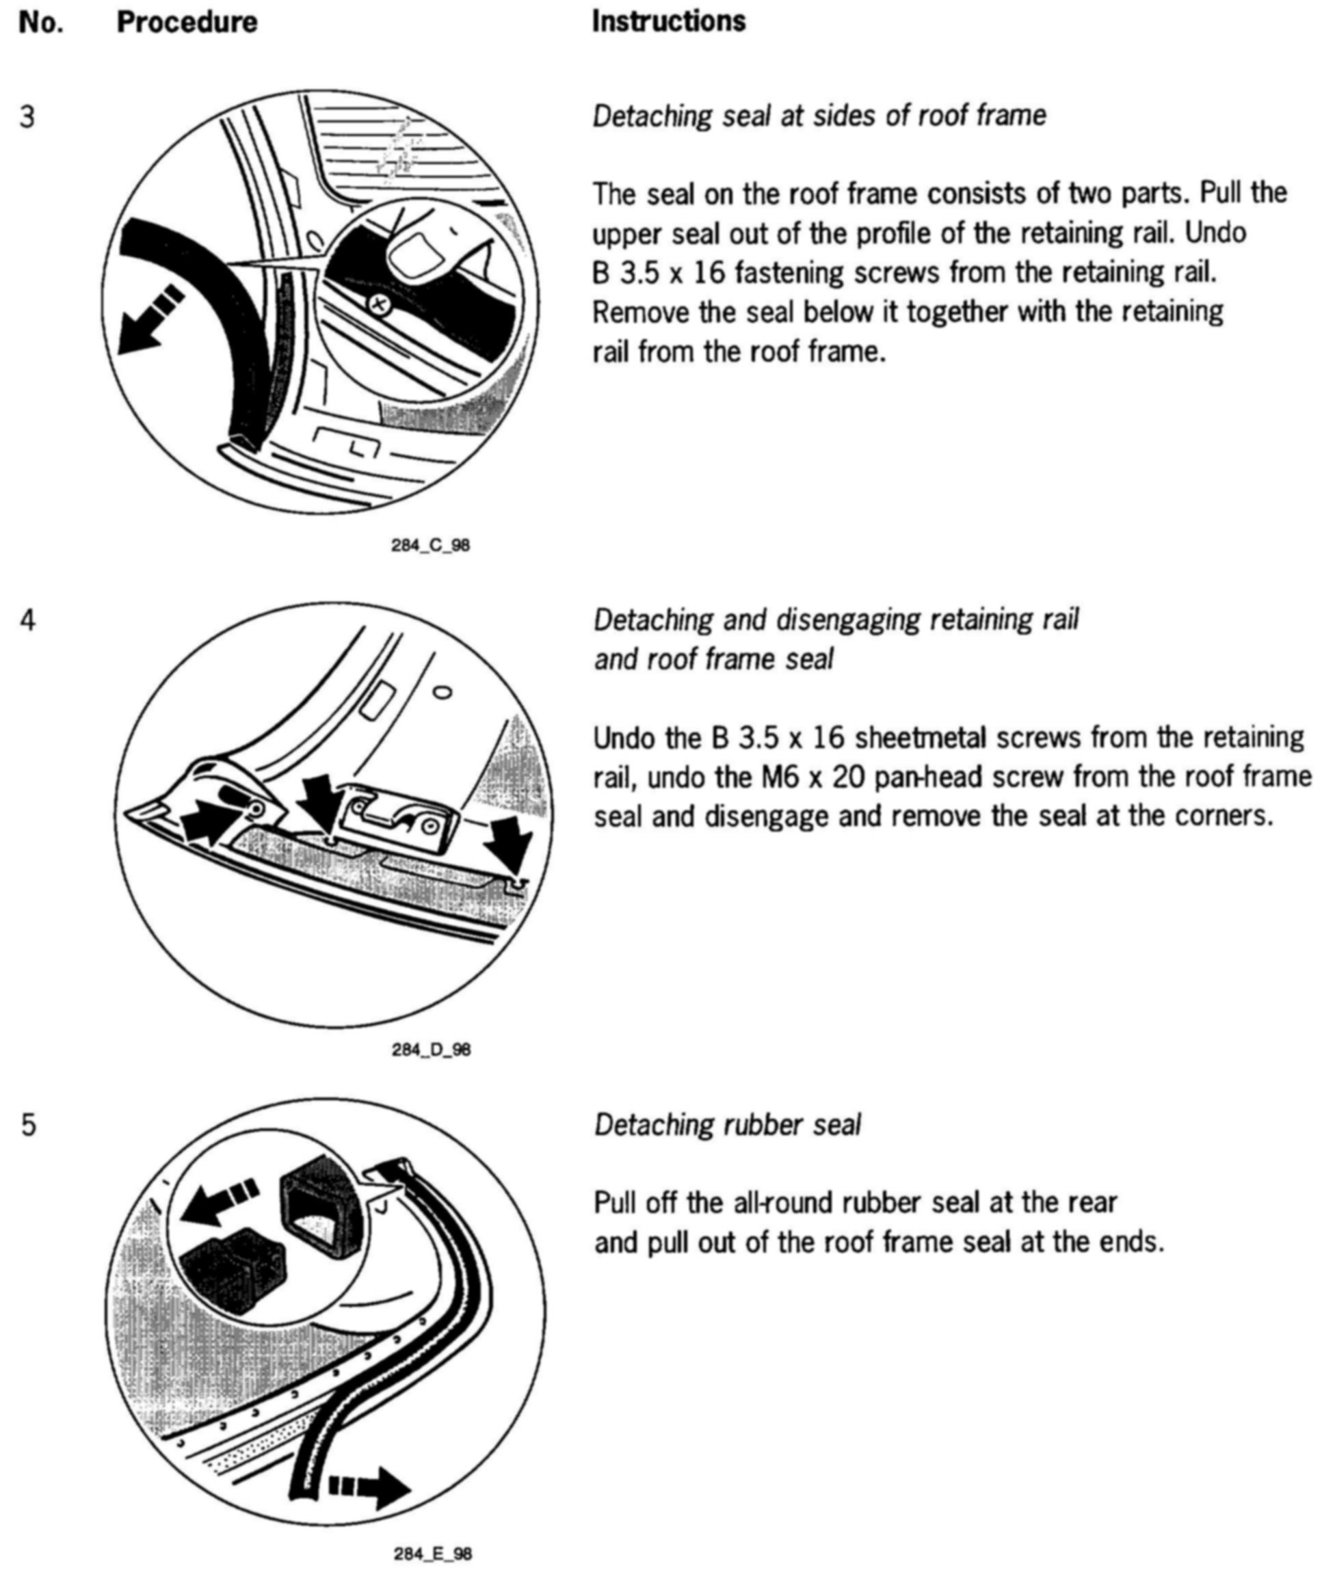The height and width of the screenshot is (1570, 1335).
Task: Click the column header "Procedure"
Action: (186, 23)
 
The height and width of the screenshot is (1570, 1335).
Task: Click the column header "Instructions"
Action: (668, 21)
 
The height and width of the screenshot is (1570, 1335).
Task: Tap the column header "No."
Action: (41, 23)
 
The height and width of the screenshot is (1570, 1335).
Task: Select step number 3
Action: (27, 118)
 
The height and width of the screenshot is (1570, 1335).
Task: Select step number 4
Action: (27, 620)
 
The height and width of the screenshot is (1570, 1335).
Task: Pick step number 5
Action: (28, 1125)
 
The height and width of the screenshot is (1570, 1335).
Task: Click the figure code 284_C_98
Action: (430, 545)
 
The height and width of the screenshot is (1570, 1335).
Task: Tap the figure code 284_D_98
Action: (431, 1050)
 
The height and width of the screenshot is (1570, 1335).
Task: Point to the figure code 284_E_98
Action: (432, 1554)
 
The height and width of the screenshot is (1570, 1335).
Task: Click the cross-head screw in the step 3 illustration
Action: (378, 305)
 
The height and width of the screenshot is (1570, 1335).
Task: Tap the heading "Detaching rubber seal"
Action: (727, 1125)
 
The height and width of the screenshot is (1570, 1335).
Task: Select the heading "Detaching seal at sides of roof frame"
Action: (819, 116)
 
